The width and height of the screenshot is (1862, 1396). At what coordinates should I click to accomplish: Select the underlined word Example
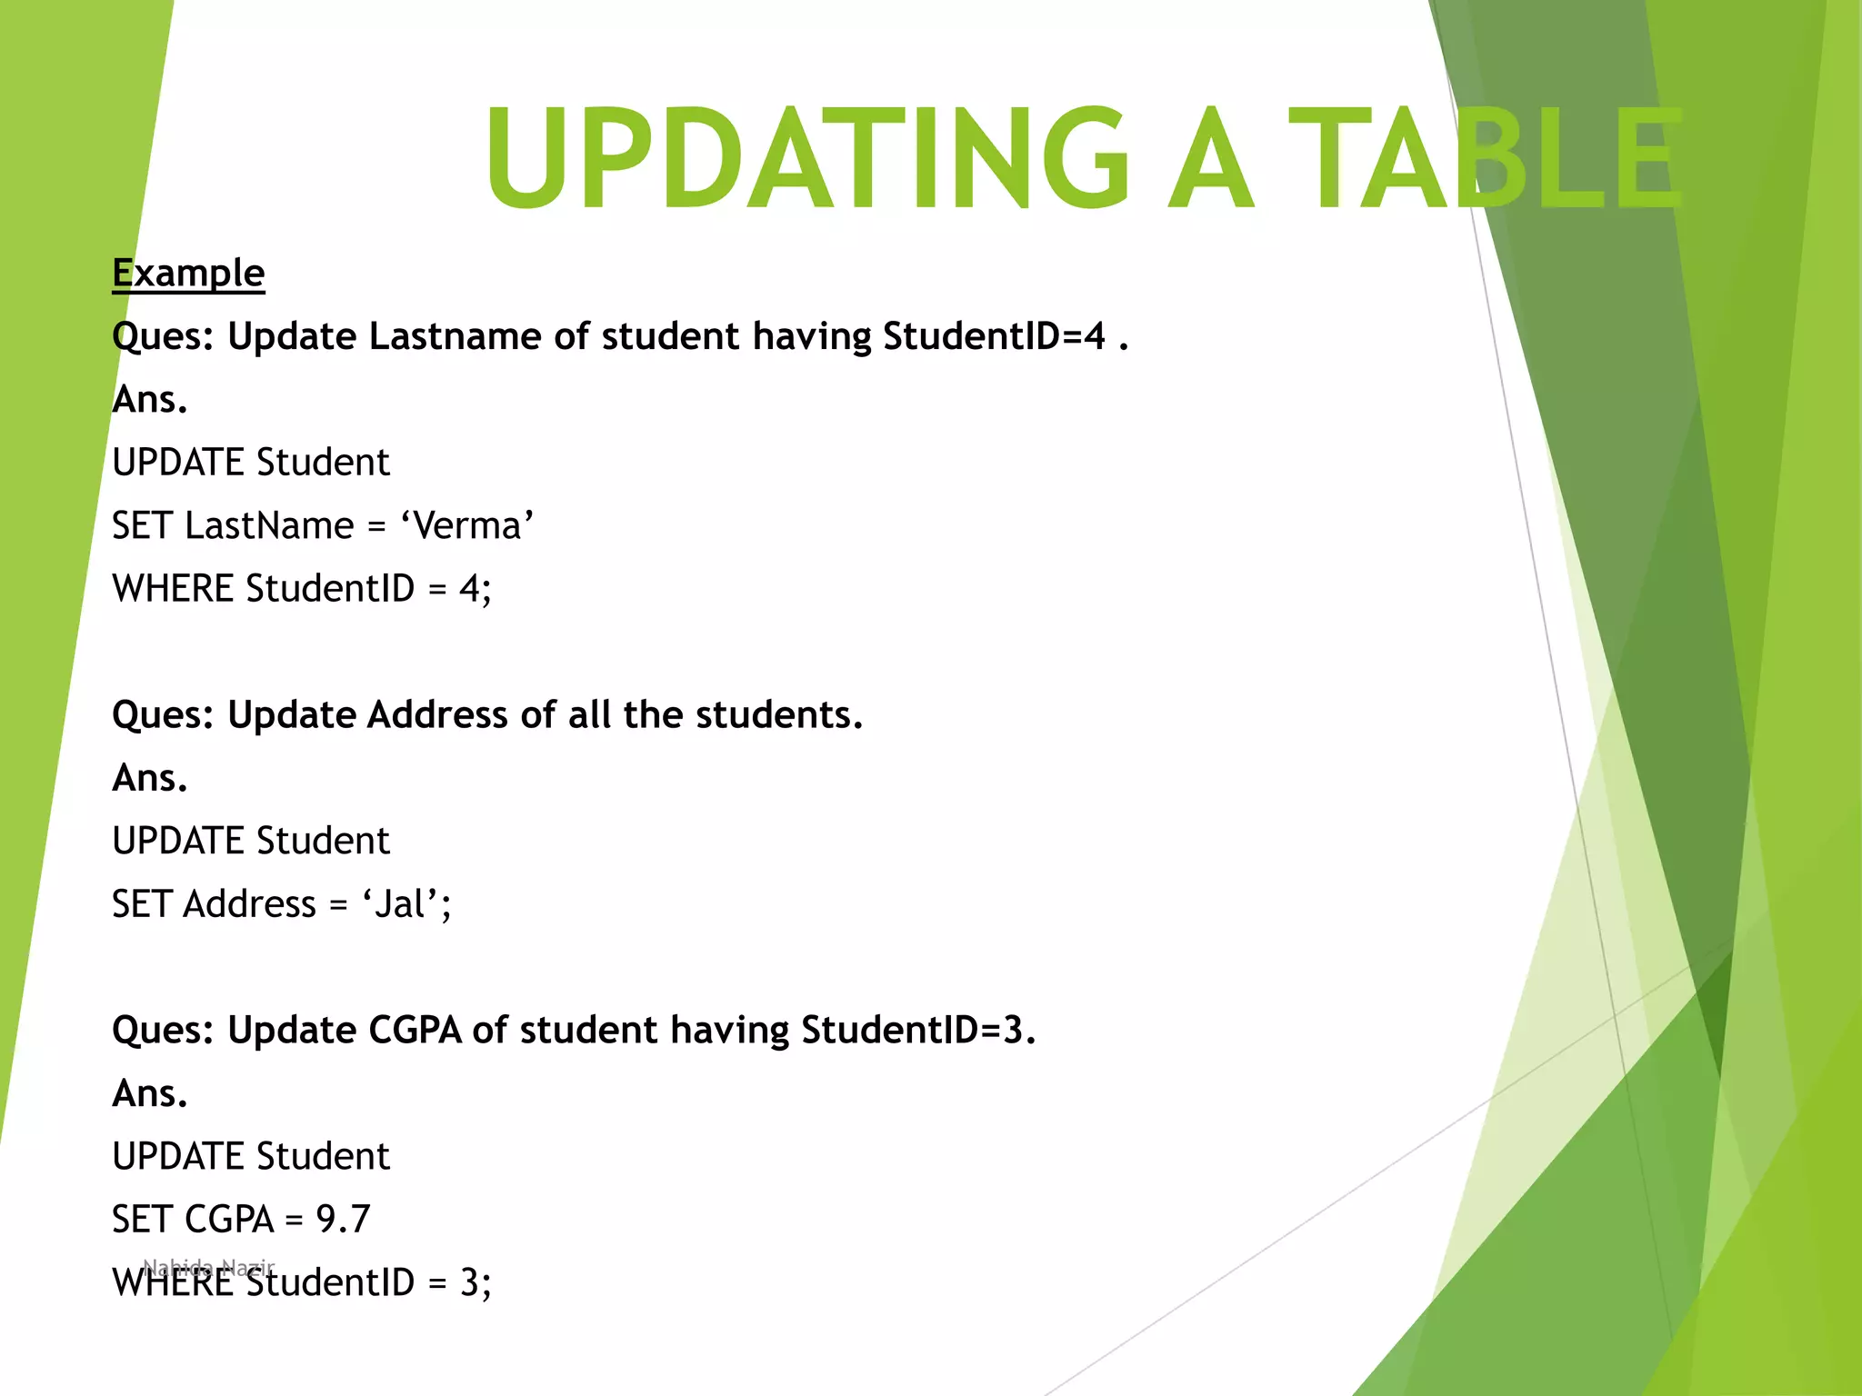[x=188, y=273]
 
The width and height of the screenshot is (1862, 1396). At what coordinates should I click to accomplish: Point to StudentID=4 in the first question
[x=994, y=336]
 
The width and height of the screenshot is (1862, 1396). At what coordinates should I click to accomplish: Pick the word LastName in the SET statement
[x=269, y=525]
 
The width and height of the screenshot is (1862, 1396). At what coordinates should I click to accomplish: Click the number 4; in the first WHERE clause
[x=475, y=589]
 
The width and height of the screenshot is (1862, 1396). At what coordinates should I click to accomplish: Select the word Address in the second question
[x=437, y=714]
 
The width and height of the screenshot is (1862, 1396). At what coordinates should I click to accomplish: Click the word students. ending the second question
[x=779, y=714]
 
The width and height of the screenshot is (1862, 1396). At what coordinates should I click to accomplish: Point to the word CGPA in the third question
[x=415, y=1030]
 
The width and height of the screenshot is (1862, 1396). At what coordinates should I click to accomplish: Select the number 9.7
[x=343, y=1220]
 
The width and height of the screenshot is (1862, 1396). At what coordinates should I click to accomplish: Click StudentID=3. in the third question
[x=918, y=1030]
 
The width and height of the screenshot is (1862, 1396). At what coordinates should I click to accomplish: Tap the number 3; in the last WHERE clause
[x=475, y=1282]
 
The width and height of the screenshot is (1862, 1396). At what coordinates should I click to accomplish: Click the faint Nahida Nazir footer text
[x=208, y=1266]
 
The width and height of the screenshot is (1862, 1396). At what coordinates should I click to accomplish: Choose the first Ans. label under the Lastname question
[x=150, y=399]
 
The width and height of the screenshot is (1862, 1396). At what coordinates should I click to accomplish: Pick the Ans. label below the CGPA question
[x=150, y=1093]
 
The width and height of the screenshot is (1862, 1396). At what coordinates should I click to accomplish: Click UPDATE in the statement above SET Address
[x=178, y=841]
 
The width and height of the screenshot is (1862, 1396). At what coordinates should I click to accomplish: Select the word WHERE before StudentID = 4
[x=173, y=589]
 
